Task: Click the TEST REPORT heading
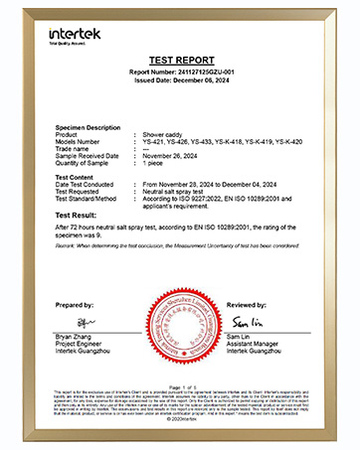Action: pyautogui.click(x=180, y=61)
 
